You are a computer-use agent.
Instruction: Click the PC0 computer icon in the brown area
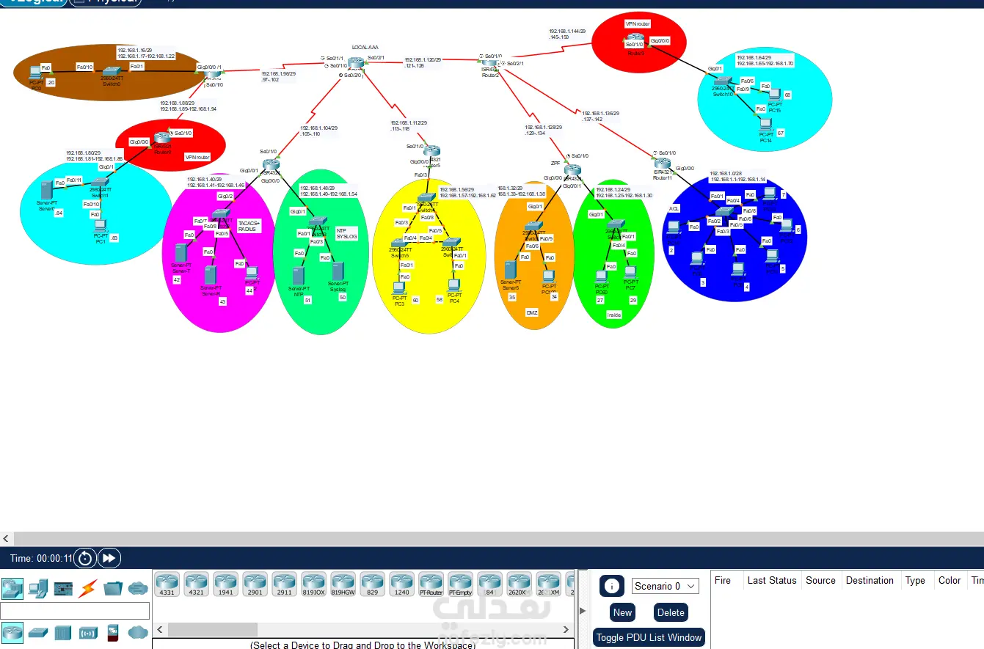(x=34, y=73)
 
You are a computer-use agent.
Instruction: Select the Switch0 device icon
(x=111, y=73)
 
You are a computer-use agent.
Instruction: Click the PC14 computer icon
(x=765, y=124)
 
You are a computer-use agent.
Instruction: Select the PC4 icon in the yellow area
(x=453, y=285)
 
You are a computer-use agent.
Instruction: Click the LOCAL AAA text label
(x=365, y=47)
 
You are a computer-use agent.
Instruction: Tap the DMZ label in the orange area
(x=532, y=312)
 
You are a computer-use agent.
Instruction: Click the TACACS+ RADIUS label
(x=249, y=226)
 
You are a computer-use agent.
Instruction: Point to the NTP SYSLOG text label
(x=346, y=233)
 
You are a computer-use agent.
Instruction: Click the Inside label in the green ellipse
(x=613, y=315)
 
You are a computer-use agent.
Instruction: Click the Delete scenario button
(x=671, y=612)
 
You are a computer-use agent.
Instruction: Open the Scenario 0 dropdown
(x=665, y=586)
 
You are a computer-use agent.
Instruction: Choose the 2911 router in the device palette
(x=284, y=584)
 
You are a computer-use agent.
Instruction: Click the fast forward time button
(x=109, y=558)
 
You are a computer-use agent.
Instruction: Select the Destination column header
(x=870, y=580)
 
